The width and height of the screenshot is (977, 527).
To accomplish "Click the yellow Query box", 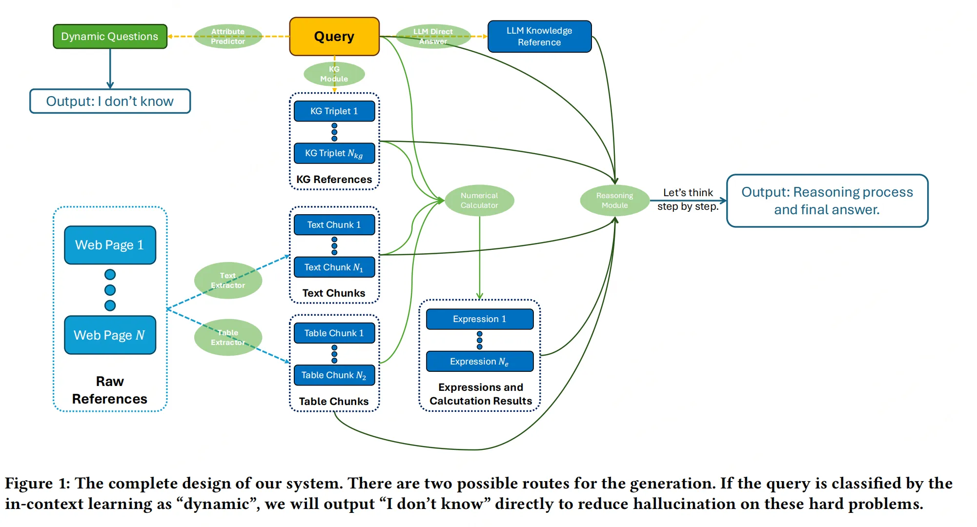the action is tap(334, 37).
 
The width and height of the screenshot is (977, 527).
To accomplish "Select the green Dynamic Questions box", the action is tap(110, 37).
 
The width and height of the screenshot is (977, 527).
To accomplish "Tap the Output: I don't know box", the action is tap(110, 101).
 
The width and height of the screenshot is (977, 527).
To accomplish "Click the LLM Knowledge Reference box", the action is tap(539, 37).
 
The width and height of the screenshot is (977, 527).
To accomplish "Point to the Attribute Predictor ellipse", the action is tap(228, 37).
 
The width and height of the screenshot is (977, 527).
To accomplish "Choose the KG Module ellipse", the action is tap(334, 74).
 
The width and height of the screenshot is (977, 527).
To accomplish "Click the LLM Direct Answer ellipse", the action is tap(433, 37).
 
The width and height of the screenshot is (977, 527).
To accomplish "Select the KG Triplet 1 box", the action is tap(334, 111).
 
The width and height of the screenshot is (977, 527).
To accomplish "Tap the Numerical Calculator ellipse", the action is tap(479, 201).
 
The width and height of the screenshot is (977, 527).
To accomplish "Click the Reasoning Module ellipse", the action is tap(614, 201).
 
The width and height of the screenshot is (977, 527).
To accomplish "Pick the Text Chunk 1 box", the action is tap(334, 225).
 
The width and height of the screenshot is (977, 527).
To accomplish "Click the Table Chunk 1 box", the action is tap(334, 333).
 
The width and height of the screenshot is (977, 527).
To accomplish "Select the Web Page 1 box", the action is tap(110, 245).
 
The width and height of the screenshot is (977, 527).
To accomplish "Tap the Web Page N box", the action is tap(110, 335).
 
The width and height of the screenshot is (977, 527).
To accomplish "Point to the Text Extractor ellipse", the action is tap(228, 281).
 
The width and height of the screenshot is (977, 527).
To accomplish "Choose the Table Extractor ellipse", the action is tap(228, 338).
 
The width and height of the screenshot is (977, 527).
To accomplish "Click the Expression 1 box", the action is tap(480, 319).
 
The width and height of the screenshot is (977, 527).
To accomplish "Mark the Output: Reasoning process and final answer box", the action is tap(827, 201).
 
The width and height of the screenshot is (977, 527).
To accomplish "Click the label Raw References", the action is tap(110, 390).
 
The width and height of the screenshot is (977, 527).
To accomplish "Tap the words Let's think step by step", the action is tap(688, 200).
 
